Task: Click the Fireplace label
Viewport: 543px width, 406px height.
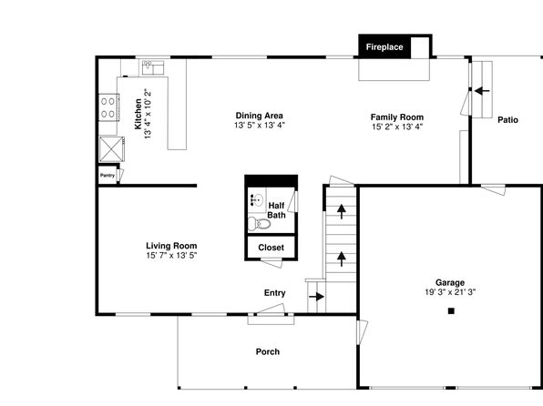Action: [x=384, y=47]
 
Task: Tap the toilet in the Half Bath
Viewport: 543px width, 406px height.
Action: [x=259, y=224]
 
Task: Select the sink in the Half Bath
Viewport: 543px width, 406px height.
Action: [x=257, y=199]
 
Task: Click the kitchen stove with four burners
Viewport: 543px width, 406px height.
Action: [x=108, y=107]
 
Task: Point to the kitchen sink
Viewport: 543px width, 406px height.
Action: [x=153, y=67]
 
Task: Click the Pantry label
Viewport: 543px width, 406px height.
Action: [x=108, y=176]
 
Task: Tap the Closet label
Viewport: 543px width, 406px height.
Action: [x=271, y=248]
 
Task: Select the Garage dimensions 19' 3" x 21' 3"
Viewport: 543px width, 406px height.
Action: [x=450, y=292]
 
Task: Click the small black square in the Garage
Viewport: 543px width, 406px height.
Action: [x=451, y=310]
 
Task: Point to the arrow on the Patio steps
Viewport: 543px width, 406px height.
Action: [x=482, y=91]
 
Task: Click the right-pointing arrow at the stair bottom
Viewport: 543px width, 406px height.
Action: [x=316, y=297]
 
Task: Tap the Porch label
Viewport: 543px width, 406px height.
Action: [x=268, y=351]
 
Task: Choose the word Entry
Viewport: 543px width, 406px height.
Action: [x=274, y=293]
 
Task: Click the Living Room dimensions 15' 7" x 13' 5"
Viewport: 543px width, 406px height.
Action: [x=171, y=256]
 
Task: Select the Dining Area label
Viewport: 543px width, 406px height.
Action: [x=260, y=116]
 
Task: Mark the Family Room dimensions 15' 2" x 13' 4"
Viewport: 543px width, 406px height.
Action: [x=397, y=127]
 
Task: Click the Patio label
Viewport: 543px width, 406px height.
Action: [x=507, y=120]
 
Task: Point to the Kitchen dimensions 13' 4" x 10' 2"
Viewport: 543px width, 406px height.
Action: [x=148, y=114]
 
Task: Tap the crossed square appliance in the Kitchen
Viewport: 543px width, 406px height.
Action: [x=111, y=149]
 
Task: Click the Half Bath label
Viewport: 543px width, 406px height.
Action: [x=276, y=210]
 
